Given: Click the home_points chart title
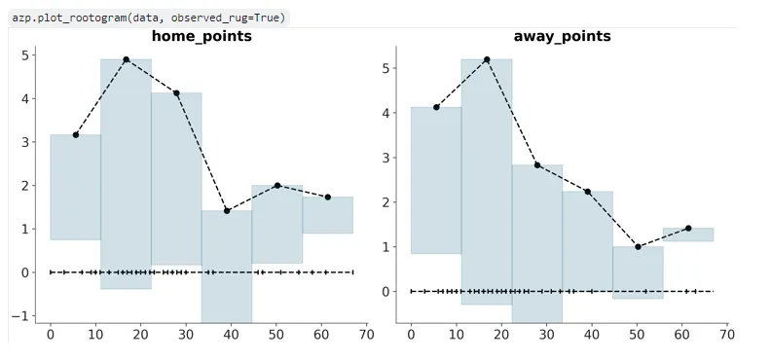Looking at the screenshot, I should pos(202,36).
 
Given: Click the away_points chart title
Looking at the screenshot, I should pos(562,36).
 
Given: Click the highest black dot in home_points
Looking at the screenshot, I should pos(126,59).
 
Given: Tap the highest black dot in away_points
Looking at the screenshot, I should pos(487,59).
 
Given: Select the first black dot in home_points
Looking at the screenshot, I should pos(76,134).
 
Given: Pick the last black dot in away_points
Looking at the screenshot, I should pos(688,228).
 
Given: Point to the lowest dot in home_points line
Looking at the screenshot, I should pos(227,210).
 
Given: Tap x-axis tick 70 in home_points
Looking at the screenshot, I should pos(366,335).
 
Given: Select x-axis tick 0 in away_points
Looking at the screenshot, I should pos(411,335).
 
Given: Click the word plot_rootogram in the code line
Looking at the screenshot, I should pos(76,18).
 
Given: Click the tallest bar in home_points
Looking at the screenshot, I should pos(126,173).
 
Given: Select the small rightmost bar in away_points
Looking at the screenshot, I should pos(688,234).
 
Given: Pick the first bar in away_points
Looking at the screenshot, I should pos(436,180).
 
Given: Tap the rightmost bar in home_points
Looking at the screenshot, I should pos(328,215).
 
